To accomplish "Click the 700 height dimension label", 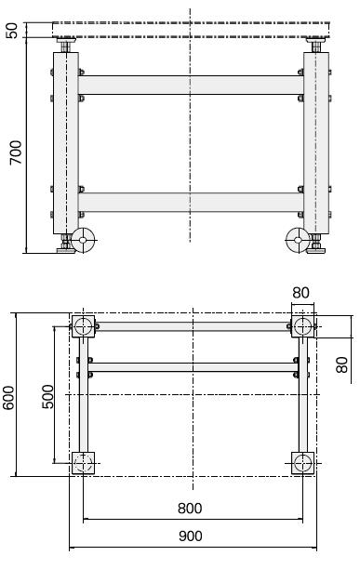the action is (x=16, y=152).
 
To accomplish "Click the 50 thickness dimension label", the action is (x=11, y=31).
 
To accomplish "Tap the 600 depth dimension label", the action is (x=8, y=398).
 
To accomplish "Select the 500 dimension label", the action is (x=47, y=397).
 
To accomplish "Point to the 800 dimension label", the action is (x=190, y=509).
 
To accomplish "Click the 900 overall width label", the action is (x=191, y=536).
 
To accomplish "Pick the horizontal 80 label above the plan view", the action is (x=300, y=293).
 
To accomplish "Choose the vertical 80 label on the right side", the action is (x=341, y=365).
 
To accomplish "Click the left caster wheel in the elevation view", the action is (x=83, y=240).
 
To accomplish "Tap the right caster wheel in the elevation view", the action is (x=298, y=240).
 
